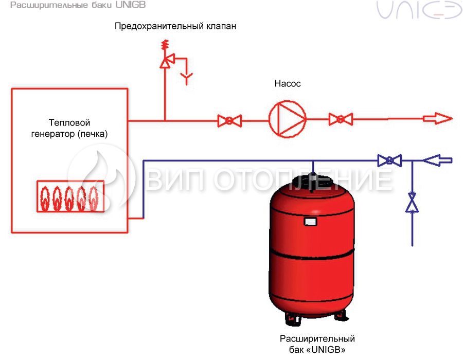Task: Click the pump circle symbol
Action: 270,119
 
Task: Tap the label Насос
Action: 288,84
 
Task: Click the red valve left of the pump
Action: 229,121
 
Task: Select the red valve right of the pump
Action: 341,119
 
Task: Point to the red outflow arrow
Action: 438,119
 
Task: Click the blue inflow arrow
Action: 438,160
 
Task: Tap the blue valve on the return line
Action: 389,160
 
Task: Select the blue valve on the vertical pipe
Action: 412,203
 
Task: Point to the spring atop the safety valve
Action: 165,45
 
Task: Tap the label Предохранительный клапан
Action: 175,26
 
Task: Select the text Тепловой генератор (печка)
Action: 69,128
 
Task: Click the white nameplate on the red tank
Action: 310,222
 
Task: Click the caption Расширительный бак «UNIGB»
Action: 317,344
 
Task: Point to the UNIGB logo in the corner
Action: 419,10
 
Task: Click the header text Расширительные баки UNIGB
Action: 78,5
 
